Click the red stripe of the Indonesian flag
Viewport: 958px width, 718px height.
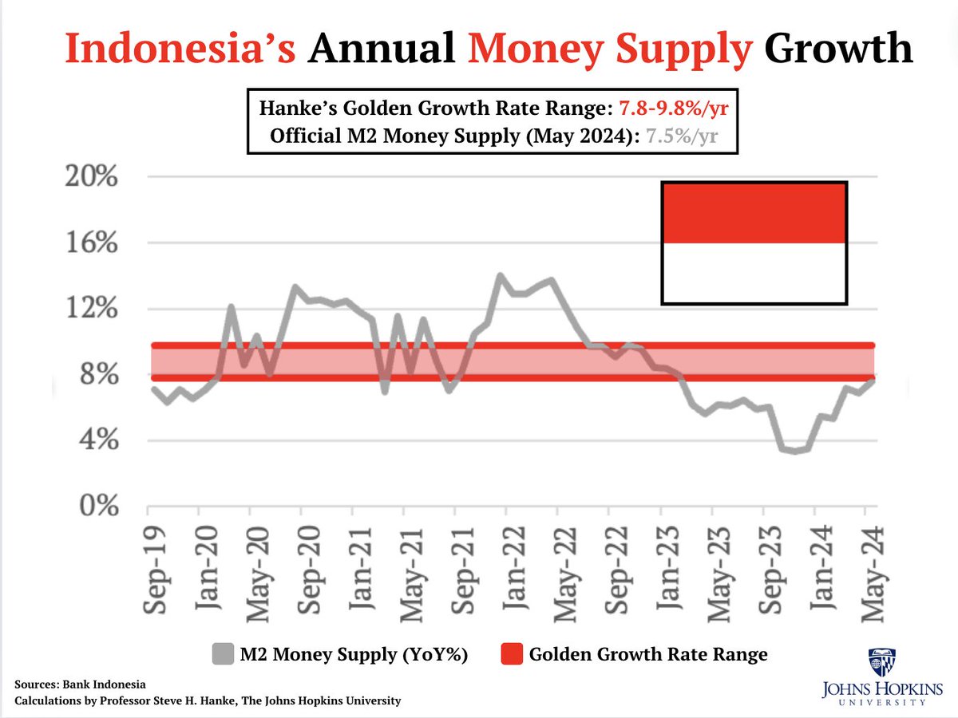coord(754,212)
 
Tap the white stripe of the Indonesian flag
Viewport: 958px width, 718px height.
coord(754,273)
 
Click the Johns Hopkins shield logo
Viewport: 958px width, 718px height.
coord(881,663)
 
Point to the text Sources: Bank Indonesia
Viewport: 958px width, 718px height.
coord(80,684)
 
